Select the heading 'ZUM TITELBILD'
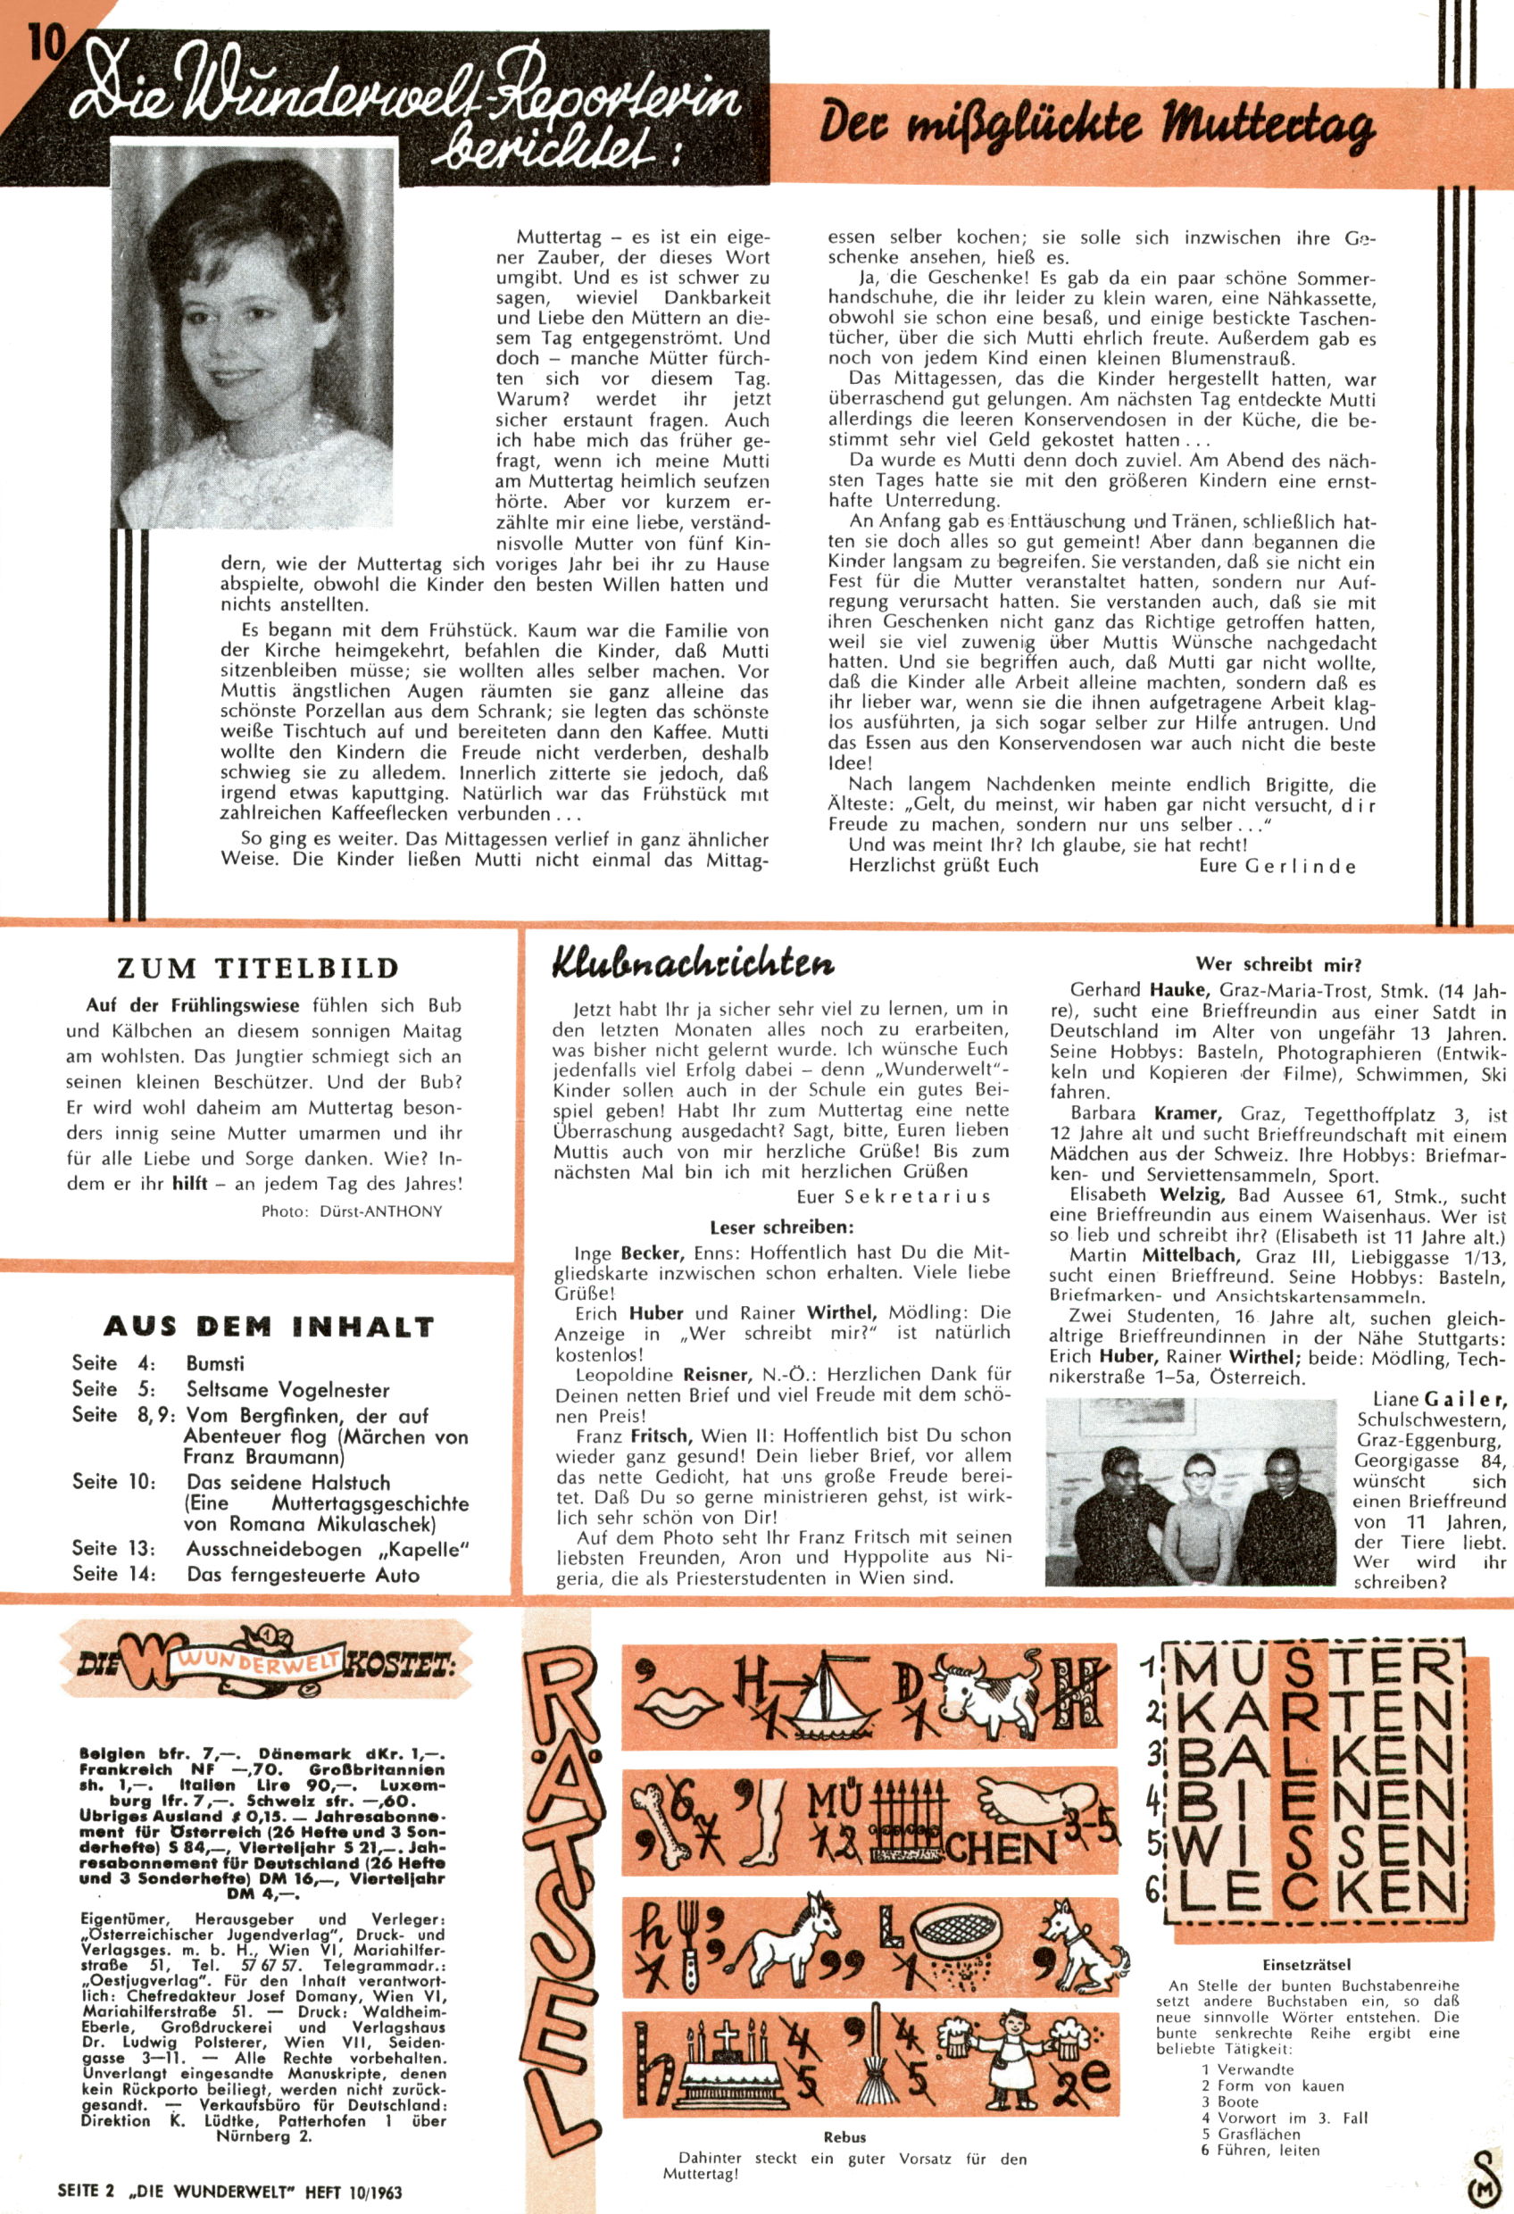click(257, 969)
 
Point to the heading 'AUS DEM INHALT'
click(269, 1326)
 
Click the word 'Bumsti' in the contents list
click(215, 1363)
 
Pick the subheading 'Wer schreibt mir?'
click(1278, 964)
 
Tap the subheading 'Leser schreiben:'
click(781, 1228)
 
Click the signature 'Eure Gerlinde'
click(1277, 866)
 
